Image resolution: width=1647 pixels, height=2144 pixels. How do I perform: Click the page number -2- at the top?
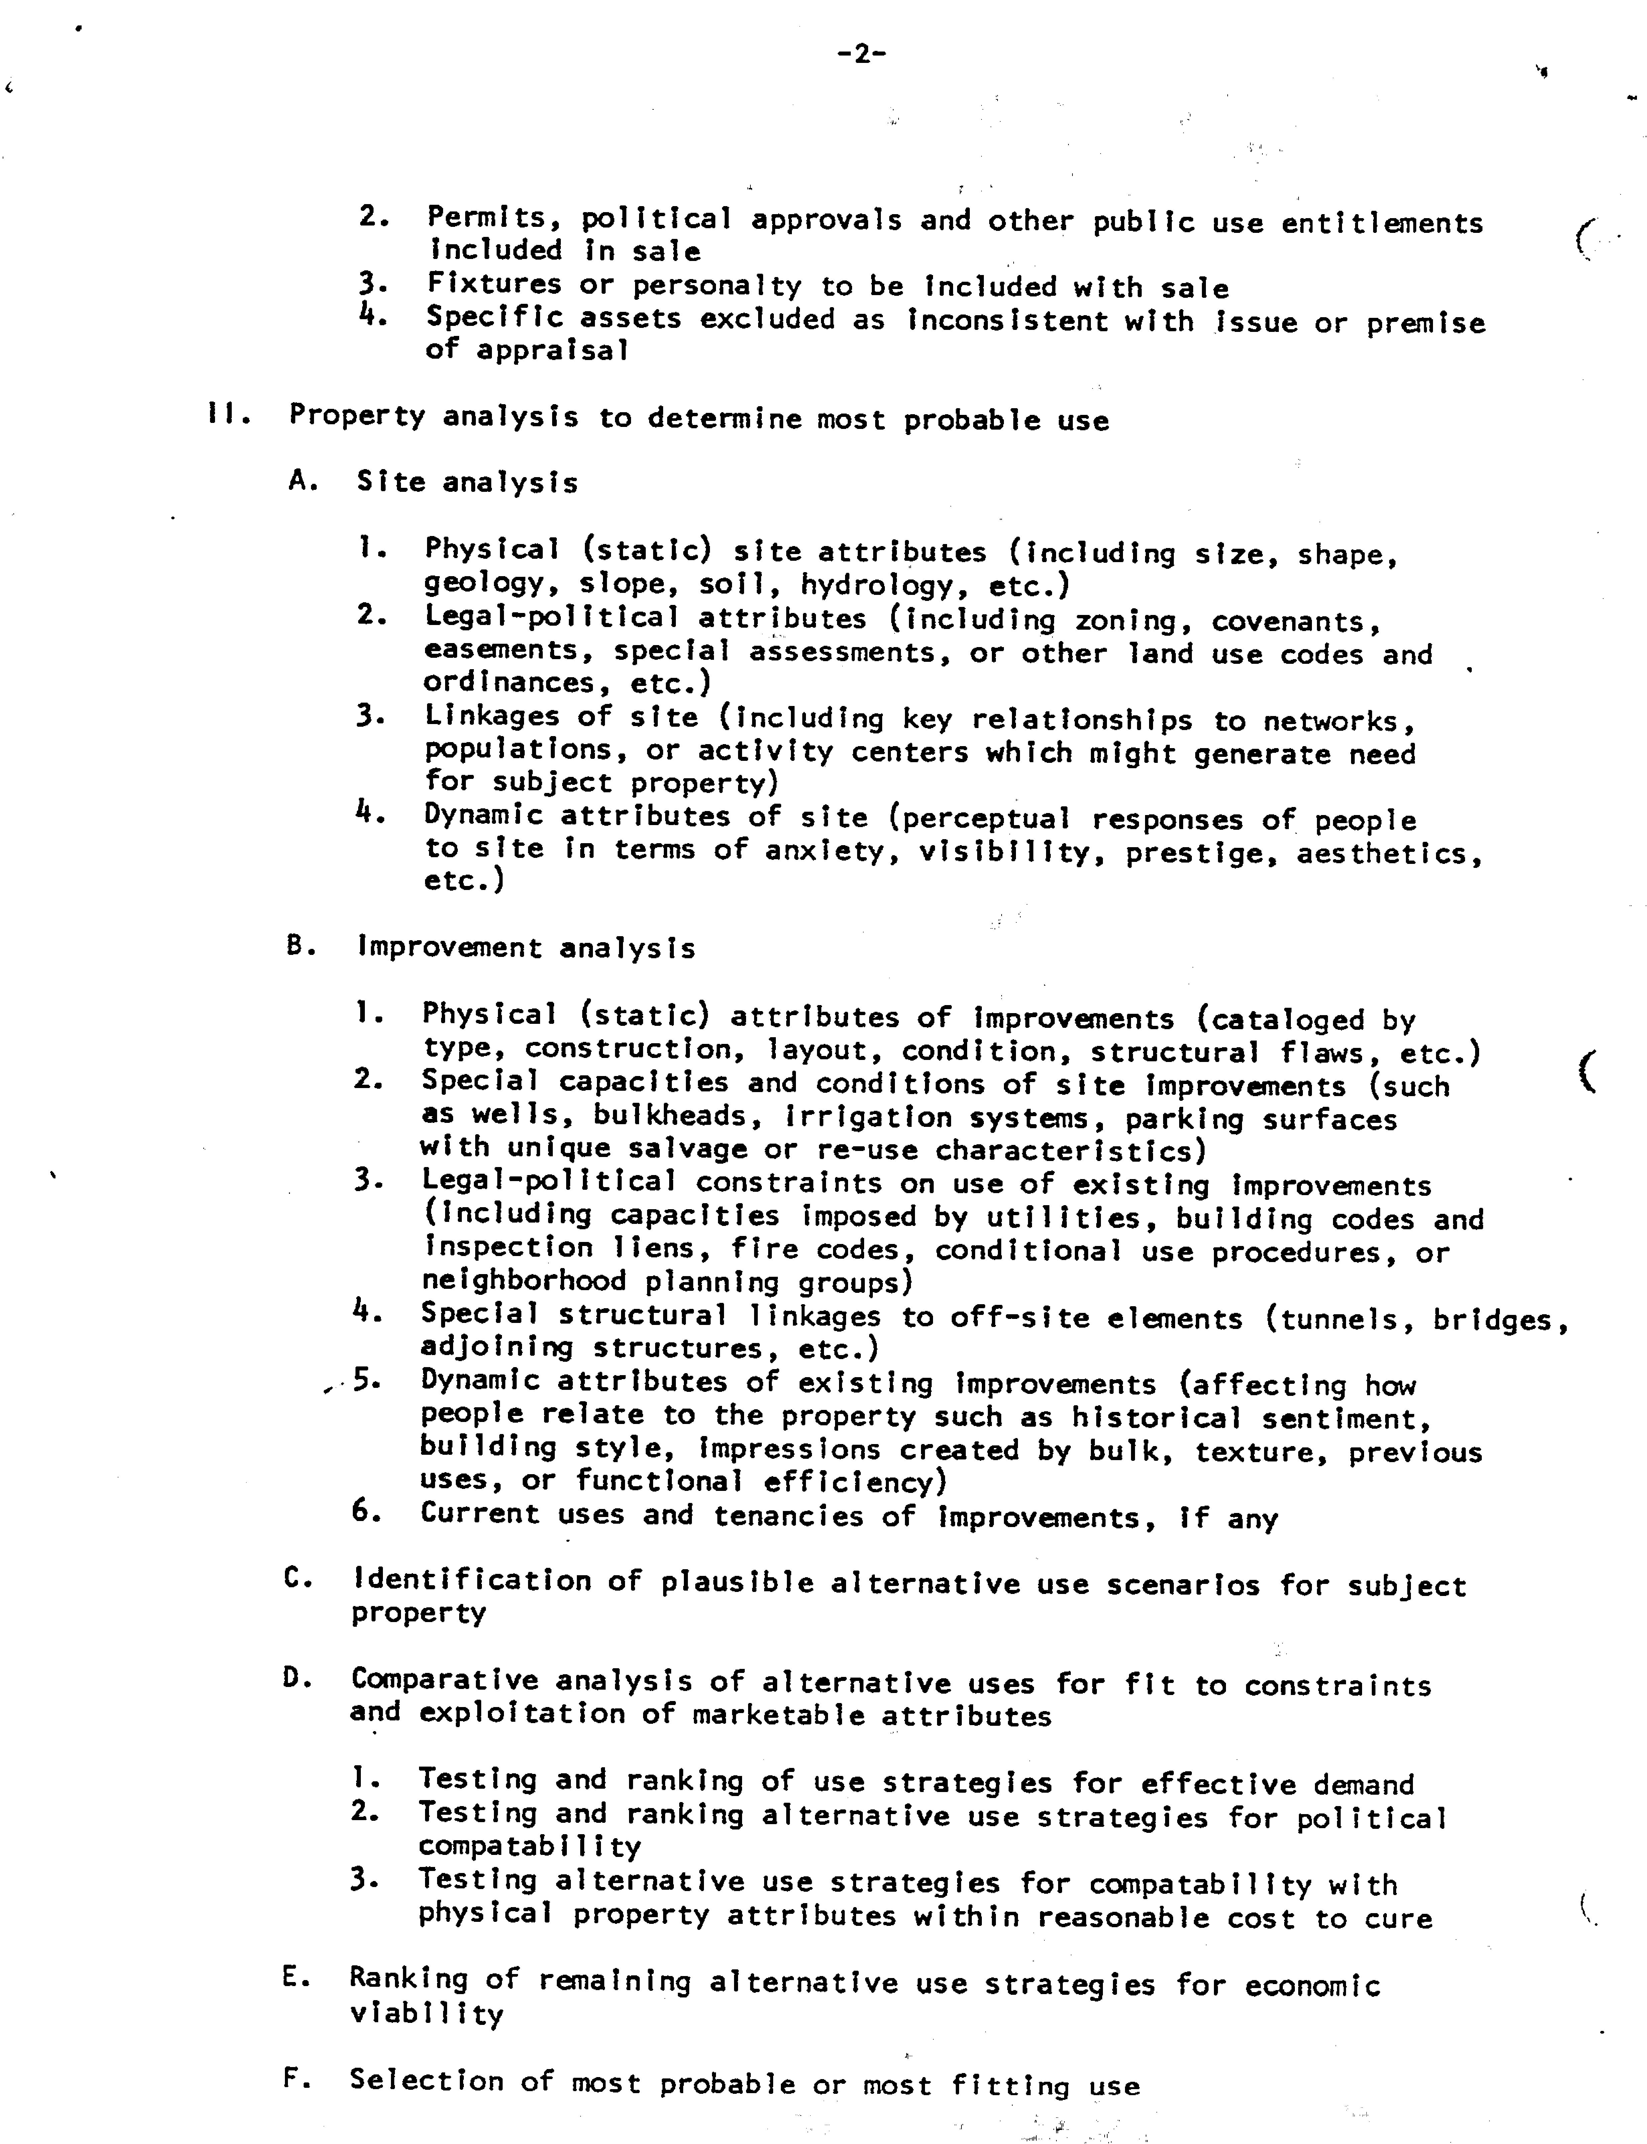[862, 55]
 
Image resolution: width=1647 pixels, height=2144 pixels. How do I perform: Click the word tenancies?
[787, 1516]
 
